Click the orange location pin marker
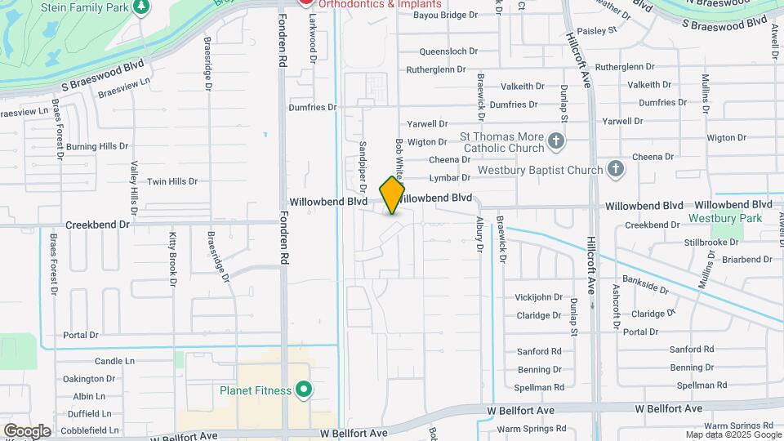(392, 194)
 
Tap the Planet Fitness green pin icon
(304, 390)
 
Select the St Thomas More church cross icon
(556, 142)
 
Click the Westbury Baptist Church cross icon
(616, 170)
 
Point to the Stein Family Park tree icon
(142, 7)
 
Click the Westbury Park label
(724, 218)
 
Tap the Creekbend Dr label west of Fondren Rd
(98, 224)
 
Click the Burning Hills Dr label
(98, 146)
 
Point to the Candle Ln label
(114, 361)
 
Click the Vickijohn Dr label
(540, 297)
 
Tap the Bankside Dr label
(645, 285)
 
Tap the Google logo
(26, 431)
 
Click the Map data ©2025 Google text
(733, 434)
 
